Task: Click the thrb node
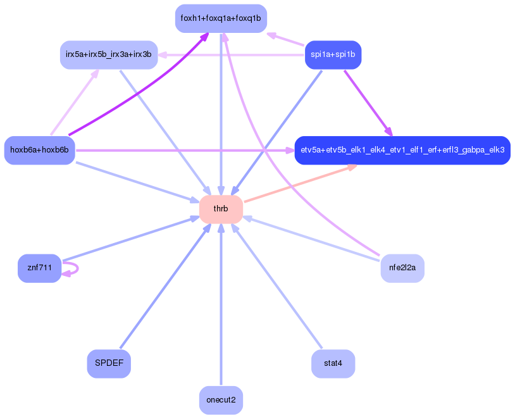pos(221,209)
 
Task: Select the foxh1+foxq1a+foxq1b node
pos(221,18)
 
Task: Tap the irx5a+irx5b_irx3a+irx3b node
pos(109,54)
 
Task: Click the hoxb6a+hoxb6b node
pos(39,150)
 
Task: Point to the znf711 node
pos(39,268)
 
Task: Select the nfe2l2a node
pos(402,268)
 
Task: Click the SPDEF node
pos(109,364)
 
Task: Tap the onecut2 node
pos(221,400)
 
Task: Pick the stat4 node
pos(333,364)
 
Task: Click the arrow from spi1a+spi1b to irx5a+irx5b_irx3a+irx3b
pos(234,54)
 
